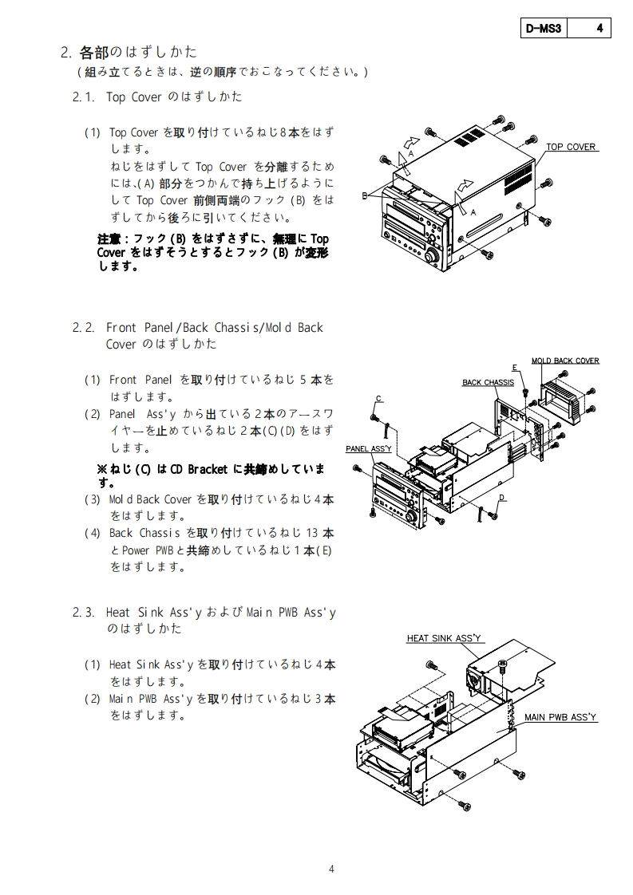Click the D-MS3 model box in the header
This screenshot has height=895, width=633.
point(544,29)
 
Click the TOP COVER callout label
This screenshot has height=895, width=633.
point(571,148)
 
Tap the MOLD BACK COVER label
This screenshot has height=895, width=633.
point(565,361)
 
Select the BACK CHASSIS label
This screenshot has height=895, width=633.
point(488,383)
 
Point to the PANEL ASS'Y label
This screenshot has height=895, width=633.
point(368,449)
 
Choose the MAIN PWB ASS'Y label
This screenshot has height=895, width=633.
point(560,718)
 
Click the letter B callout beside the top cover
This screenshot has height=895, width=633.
point(364,195)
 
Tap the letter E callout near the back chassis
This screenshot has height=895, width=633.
point(515,366)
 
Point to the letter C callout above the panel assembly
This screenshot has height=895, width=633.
point(378,399)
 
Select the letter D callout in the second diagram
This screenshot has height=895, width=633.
point(501,498)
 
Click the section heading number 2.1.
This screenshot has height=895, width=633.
point(84,97)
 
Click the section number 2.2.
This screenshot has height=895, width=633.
point(84,328)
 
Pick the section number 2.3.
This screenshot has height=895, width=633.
point(84,613)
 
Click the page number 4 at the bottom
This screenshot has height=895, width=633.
point(332,869)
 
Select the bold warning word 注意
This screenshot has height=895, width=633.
point(109,239)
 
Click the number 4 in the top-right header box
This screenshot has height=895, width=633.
point(599,29)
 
